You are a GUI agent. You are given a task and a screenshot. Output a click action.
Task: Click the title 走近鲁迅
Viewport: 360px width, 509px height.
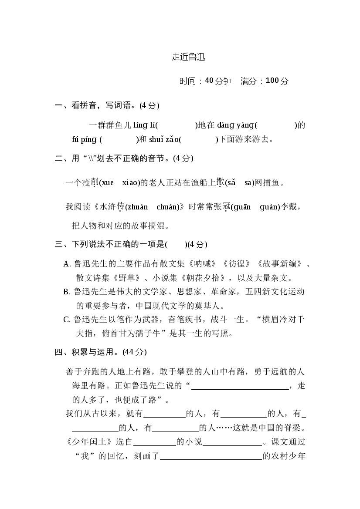click(188, 57)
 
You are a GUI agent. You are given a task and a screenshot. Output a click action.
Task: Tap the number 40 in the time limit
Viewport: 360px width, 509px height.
click(209, 81)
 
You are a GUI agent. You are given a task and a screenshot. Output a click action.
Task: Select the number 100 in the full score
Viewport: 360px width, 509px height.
click(272, 81)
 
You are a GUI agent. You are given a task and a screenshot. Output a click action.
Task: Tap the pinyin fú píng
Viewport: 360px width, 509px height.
click(84, 139)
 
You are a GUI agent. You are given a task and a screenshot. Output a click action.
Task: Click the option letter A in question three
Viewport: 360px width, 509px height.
click(67, 263)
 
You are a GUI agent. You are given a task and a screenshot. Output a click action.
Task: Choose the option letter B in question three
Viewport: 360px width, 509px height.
click(67, 292)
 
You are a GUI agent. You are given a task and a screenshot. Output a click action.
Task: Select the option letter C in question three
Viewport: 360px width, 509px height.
click(67, 320)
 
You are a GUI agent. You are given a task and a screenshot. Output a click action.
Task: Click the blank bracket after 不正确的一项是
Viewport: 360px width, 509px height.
click(176, 244)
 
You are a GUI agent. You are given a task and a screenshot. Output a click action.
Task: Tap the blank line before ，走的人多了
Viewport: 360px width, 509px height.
click(240, 386)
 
